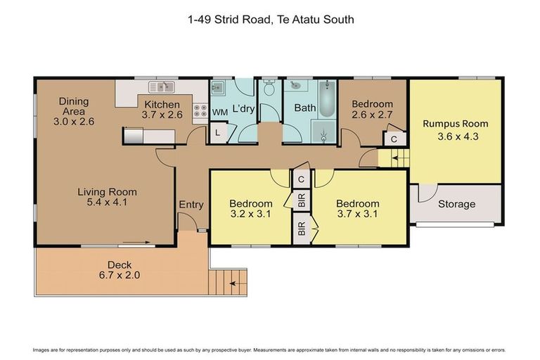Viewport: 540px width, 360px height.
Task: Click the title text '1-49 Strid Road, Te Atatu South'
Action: pos(270,20)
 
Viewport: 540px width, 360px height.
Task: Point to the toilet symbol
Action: pos(269,90)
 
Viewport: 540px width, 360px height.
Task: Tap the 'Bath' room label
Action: pos(304,108)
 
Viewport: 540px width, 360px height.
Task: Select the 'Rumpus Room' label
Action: pos(455,124)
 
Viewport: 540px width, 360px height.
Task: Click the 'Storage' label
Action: pos(456,205)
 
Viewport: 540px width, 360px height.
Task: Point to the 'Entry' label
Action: pos(191,205)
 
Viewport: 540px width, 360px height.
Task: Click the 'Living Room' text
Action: pos(107,192)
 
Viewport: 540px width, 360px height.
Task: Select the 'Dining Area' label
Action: pos(72,105)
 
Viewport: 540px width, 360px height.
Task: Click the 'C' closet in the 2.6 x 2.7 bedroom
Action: pos(394,139)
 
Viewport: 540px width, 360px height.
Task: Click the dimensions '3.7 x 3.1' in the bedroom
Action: pos(357,215)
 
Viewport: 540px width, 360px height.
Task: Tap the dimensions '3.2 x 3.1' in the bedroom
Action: pos(251,215)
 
